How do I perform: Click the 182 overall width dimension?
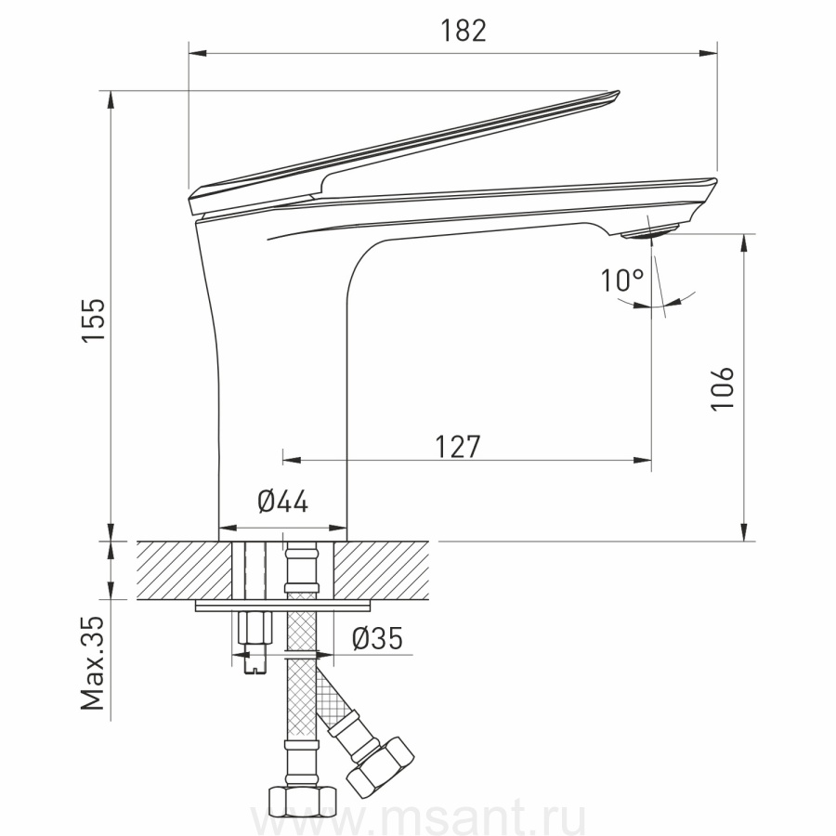click(463, 31)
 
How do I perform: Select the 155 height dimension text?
click(94, 320)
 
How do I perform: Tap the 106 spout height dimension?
click(723, 388)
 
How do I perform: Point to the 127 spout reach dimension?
click(458, 446)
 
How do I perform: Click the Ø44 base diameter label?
click(282, 502)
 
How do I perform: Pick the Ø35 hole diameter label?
click(377, 637)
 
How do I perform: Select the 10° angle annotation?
click(622, 280)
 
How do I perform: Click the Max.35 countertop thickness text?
click(93, 663)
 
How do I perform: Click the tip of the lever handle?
click(618, 93)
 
